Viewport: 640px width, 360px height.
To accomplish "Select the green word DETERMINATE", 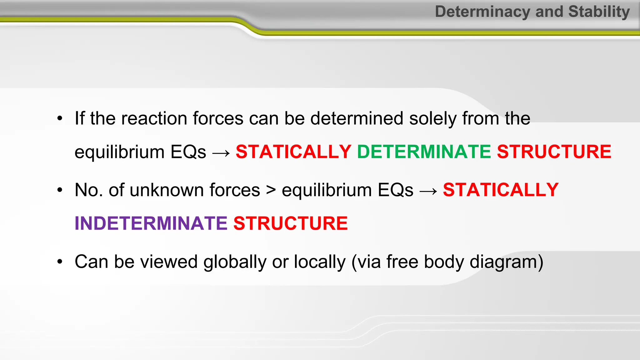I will pyautogui.click(x=424, y=152).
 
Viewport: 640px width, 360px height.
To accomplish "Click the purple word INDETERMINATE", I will pyautogui.click(x=151, y=223).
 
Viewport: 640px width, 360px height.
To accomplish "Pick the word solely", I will pyautogui.click(x=433, y=119).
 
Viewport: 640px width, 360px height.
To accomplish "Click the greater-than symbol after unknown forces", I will pyautogui.click(x=271, y=190).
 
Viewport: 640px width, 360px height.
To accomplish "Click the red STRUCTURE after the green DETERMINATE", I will pyautogui.click(x=554, y=152).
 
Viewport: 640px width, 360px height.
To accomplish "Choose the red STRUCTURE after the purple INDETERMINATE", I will pyautogui.click(x=291, y=223).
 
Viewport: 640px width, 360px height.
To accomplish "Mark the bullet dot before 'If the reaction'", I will pyautogui.click(x=60, y=119).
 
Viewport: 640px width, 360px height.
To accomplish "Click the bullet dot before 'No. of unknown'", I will pyautogui.click(x=60, y=190).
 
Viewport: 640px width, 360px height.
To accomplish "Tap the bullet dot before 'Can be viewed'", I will pyautogui.click(x=60, y=262).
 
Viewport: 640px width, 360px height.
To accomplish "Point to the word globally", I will pyautogui.click(x=235, y=262).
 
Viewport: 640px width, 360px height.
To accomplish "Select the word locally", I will pyautogui.click(x=320, y=262).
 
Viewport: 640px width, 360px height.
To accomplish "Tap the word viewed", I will pyautogui.click(x=169, y=262).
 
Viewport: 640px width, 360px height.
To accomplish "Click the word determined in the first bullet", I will pyautogui.click(x=357, y=119).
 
